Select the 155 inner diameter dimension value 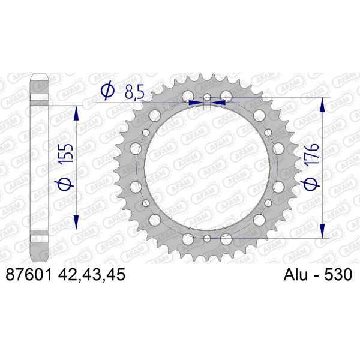pos(66,154)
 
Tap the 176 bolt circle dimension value pos(311,154)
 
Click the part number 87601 pos(29,275)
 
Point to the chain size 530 pos(338,275)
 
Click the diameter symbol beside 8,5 pos(107,90)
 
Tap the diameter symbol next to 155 pos(65,185)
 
